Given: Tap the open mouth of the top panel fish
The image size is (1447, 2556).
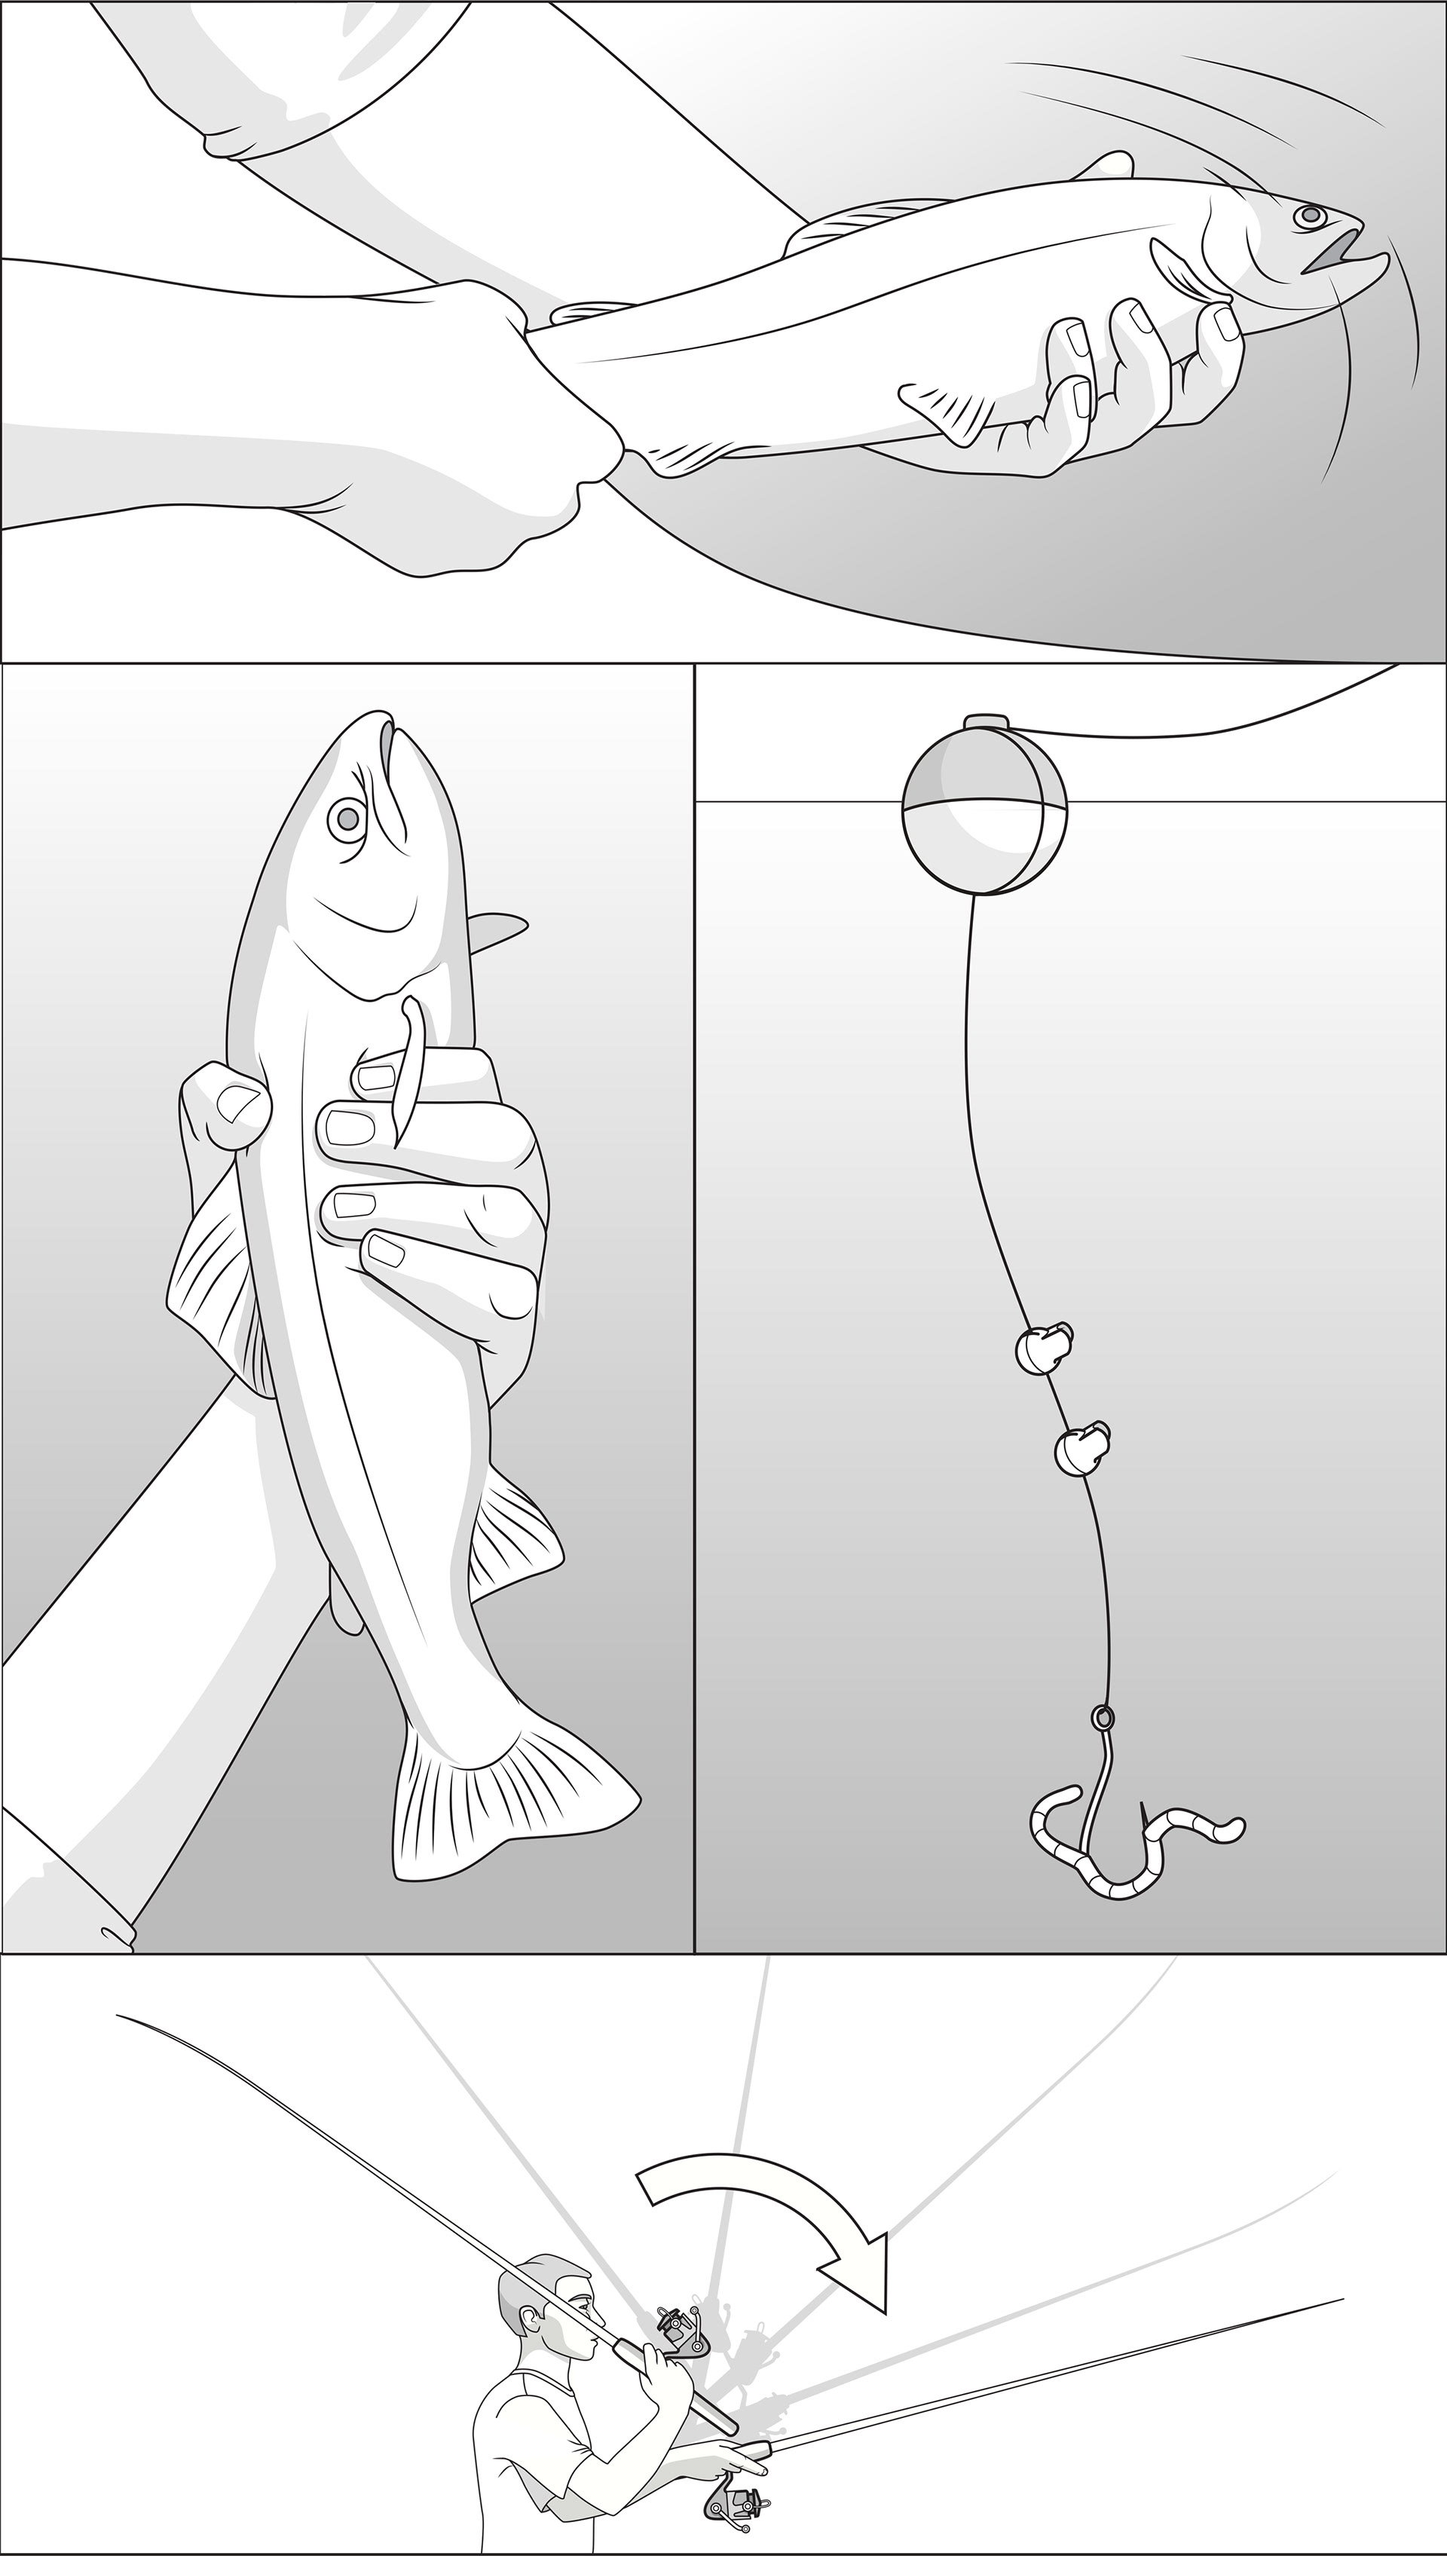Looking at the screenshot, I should (1332, 253).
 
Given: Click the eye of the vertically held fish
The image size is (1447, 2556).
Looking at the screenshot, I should (347, 818).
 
